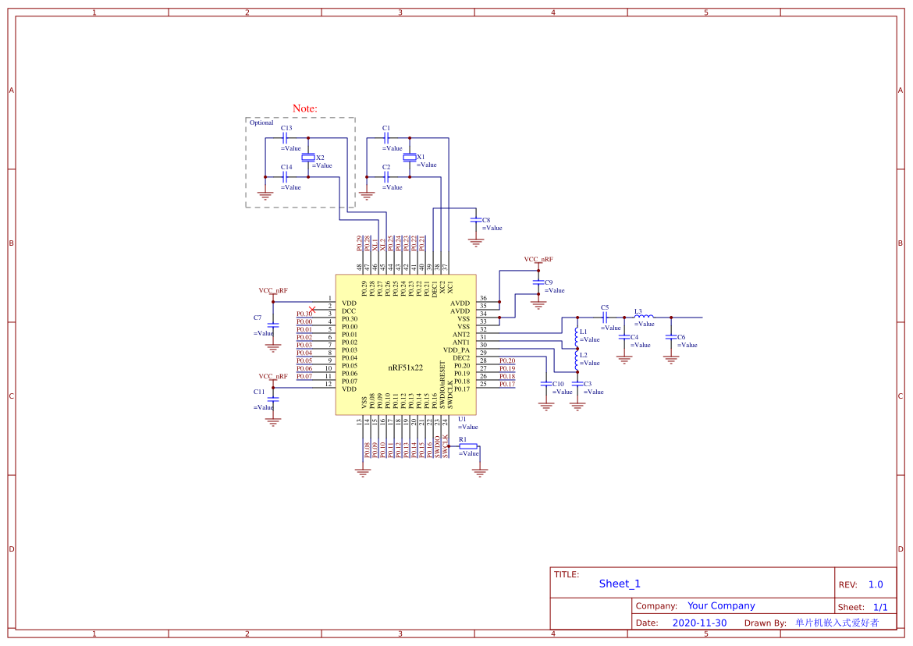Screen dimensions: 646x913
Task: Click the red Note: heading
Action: click(304, 108)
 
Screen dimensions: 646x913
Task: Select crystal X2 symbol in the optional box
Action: click(308, 158)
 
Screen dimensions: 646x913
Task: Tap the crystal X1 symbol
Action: click(410, 158)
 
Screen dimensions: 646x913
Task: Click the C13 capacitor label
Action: click(286, 128)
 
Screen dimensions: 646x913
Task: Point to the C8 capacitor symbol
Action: click(476, 221)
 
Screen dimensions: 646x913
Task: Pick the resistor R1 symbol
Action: click(468, 446)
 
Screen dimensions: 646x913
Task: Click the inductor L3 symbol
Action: click(644, 317)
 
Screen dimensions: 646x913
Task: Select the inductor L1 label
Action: click(584, 332)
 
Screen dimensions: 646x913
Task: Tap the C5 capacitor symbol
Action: click(605, 317)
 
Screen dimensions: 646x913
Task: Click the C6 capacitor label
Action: click(681, 337)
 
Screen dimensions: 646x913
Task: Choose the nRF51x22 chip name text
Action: click(405, 367)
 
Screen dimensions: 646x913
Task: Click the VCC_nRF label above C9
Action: click(538, 259)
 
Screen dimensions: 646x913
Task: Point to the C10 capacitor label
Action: click(558, 384)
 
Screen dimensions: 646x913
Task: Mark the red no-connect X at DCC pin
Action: click(312, 310)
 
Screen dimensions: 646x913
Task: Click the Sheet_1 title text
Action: click(620, 584)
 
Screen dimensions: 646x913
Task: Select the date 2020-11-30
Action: click(699, 623)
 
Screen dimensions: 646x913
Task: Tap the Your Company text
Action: click(721, 605)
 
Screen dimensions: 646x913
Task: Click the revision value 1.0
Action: click(876, 584)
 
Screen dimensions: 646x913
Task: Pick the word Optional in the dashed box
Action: click(261, 122)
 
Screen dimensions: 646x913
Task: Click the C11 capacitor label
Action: click(259, 391)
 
